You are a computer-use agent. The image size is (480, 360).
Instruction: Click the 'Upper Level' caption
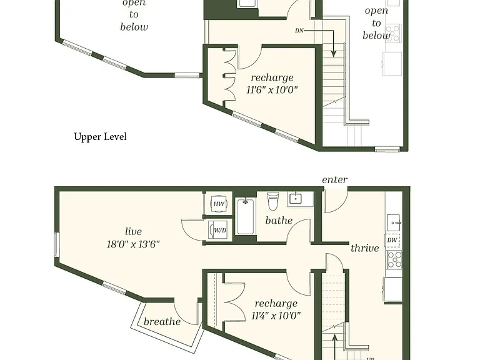(100, 136)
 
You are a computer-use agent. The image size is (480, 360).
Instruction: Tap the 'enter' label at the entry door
(334, 180)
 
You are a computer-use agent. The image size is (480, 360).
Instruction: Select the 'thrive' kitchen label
(364, 248)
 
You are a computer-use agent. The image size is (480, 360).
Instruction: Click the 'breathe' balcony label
(162, 321)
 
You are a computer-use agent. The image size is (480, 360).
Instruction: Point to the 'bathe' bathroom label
(279, 221)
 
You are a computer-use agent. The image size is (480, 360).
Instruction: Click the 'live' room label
(134, 231)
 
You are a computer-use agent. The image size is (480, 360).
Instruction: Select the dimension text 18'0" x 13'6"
(133, 244)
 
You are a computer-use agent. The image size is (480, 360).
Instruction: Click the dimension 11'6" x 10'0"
(272, 90)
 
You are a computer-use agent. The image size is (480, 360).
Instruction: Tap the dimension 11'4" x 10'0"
(276, 316)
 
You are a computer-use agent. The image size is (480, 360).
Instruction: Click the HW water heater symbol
(219, 204)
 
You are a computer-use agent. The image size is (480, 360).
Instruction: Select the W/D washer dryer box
(218, 230)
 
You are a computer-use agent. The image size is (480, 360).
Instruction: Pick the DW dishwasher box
(392, 240)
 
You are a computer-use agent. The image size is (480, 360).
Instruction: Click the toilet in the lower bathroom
(272, 201)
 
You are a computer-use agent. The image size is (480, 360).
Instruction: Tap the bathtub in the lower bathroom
(246, 216)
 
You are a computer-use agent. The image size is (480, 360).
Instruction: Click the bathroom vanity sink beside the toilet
(296, 199)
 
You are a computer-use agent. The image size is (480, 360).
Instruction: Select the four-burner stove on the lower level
(394, 259)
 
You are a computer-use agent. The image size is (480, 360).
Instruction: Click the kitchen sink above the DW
(394, 222)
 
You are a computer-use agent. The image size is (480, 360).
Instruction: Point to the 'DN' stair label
(299, 31)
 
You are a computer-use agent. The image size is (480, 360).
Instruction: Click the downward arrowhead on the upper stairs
(334, 54)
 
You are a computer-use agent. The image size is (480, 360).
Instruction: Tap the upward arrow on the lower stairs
(335, 346)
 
